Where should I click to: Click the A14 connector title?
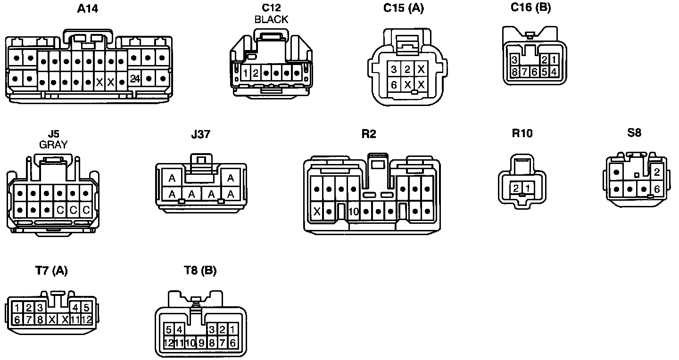click(88, 8)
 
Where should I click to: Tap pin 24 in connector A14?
click(135, 79)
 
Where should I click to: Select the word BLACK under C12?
click(271, 19)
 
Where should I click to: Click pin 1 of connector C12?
click(246, 73)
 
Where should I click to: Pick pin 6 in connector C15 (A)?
click(394, 84)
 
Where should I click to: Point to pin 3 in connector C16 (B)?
click(514, 60)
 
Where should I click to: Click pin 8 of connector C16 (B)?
click(514, 72)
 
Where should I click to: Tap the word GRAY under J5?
click(53, 145)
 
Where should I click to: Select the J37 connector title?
click(201, 134)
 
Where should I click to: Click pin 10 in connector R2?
click(354, 211)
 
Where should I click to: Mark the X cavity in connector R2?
click(317, 211)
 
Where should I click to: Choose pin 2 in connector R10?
click(516, 188)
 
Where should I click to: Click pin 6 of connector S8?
click(657, 189)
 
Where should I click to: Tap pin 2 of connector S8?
click(657, 172)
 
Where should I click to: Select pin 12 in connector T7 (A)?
click(86, 319)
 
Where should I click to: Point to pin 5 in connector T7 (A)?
click(86, 308)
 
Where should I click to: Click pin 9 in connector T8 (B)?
click(201, 343)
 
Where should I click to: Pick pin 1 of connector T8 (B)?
click(232, 329)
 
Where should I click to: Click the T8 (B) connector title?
click(200, 270)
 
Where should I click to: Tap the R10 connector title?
click(522, 133)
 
